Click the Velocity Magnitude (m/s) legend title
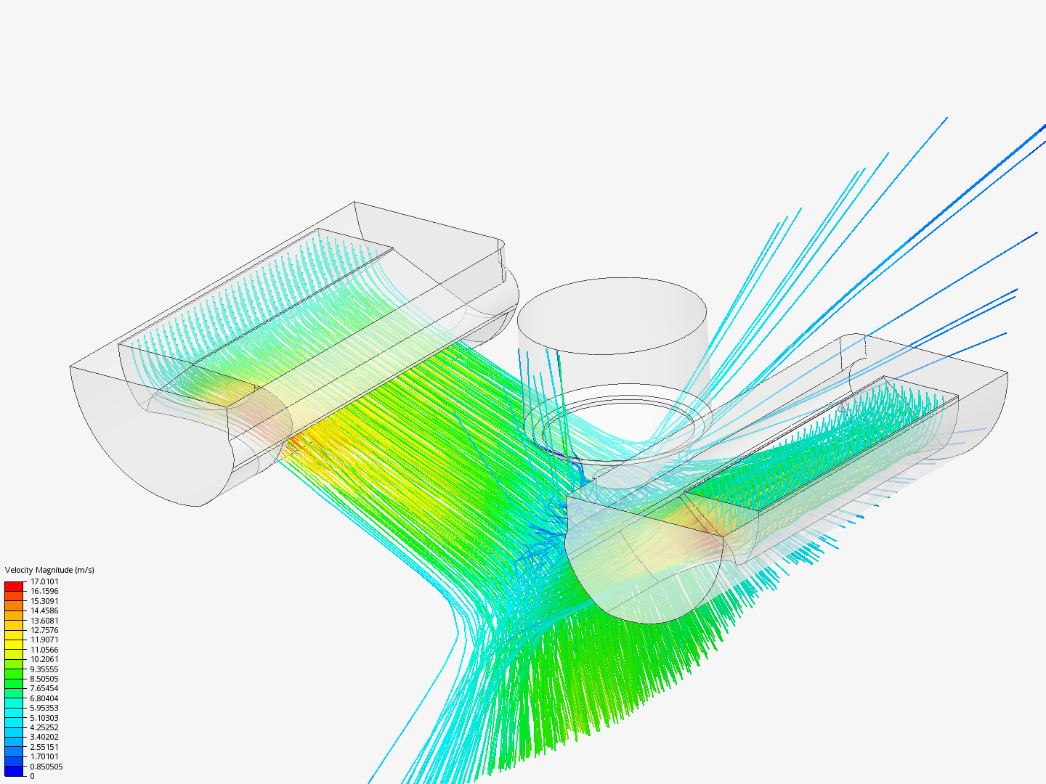(x=49, y=570)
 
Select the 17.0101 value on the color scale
(x=44, y=581)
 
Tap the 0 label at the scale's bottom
(x=32, y=776)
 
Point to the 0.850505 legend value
(x=46, y=767)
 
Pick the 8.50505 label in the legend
(x=44, y=679)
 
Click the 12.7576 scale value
(x=44, y=630)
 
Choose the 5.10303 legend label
(x=44, y=718)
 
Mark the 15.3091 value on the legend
(x=44, y=601)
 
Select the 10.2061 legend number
(x=44, y=659)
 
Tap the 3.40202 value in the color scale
(x=44, y=737)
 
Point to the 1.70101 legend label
(x=44, y=756)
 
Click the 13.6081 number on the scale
(x=44, y=621)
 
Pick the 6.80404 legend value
(x=44, y=698)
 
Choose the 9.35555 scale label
(x=44, y=669)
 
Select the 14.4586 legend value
(x=44, y=611)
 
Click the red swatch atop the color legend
(x=14, y=586)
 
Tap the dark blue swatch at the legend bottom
(x=14, y=771)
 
